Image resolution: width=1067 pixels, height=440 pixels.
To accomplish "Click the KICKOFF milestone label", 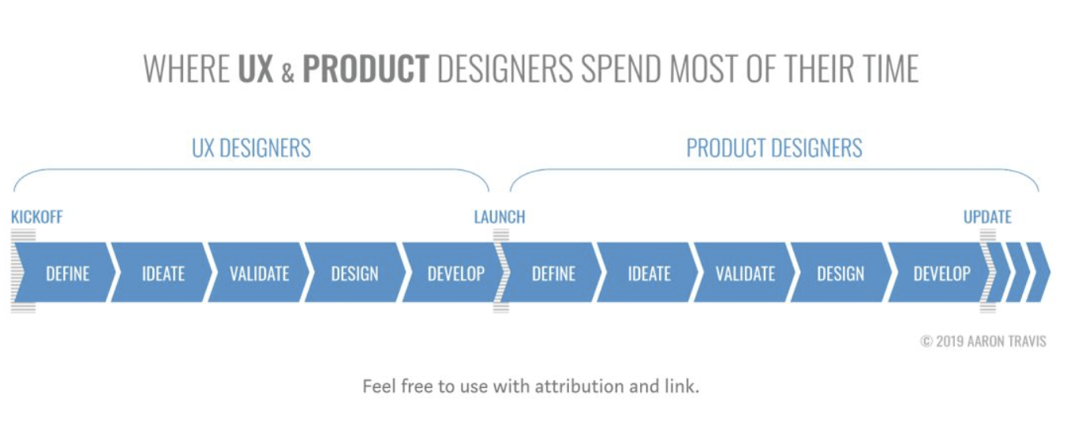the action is point(36,217).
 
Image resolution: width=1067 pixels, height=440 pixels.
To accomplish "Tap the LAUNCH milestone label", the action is point(500,217).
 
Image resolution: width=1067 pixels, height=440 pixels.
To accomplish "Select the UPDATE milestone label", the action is point(987,217).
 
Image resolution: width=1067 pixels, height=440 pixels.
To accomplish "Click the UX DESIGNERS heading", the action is point(251,148).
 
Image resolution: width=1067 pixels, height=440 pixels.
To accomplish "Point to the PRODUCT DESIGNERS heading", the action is point(774,148).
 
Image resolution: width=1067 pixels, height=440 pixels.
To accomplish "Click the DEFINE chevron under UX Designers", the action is point(65,272).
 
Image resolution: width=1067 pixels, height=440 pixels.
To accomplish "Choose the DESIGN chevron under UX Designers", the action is point(355,272).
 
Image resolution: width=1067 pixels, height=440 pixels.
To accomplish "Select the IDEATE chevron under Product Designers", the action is point(649,272).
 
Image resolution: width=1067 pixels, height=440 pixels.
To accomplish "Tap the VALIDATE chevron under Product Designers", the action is point(745,272).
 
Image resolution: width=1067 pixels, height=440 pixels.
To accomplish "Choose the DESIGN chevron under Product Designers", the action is point(841,272).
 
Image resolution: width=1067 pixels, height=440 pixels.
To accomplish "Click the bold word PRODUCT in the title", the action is point(366,69).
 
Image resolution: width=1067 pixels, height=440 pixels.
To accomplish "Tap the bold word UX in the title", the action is point(256,69).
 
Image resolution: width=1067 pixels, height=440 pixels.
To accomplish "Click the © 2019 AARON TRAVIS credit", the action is point(983,341).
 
